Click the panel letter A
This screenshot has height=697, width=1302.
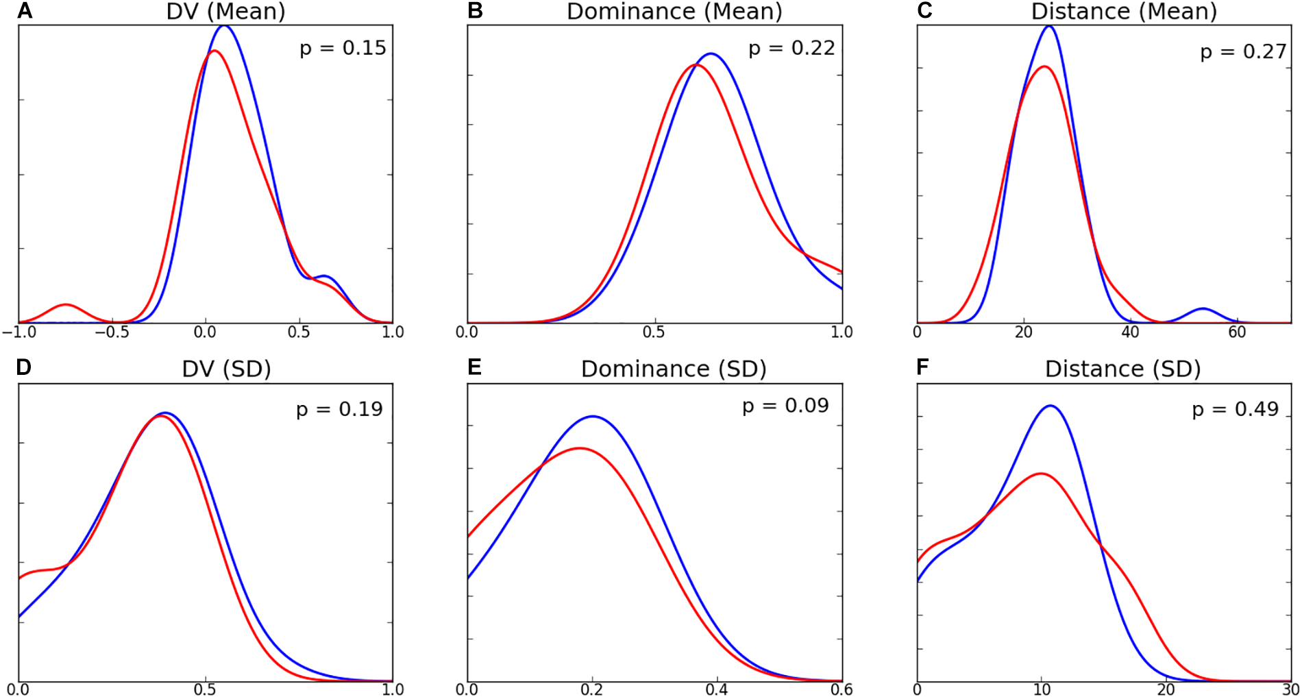[x=25, y=10]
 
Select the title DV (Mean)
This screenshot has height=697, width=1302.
[x=225, y=11]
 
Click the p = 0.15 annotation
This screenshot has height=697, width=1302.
[x=343, y=48]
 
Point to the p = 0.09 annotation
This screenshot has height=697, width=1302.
[x=785, y=406]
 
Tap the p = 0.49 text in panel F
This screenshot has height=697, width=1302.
[x=1235, y=409]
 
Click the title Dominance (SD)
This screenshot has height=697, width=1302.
[x=673, y=369]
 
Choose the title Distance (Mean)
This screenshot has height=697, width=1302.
[x=1124, y=11]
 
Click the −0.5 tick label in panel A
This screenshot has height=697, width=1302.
[x=112, y=332]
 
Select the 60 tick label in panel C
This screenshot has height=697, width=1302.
[x=1237, y=332]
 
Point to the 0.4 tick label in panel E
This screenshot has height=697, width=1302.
[x=717, y=689]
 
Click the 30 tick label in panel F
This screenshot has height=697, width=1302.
[x=1290, y=689]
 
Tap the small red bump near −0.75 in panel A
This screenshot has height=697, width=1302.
[x=65, y=304]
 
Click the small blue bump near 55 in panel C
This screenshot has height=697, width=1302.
[x=1203, y=309]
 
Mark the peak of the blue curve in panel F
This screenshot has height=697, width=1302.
[x=1050, y=406]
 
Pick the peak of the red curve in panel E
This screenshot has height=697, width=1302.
[x=580, y=448]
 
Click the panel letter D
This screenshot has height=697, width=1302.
[x=24, y=368]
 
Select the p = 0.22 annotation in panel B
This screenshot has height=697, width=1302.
[x=791, y=48]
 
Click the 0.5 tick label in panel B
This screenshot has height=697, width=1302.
[x=654, y=332]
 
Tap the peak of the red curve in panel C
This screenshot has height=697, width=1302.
[x=1044, y=66]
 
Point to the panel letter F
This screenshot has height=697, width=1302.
[x=922, y=368]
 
